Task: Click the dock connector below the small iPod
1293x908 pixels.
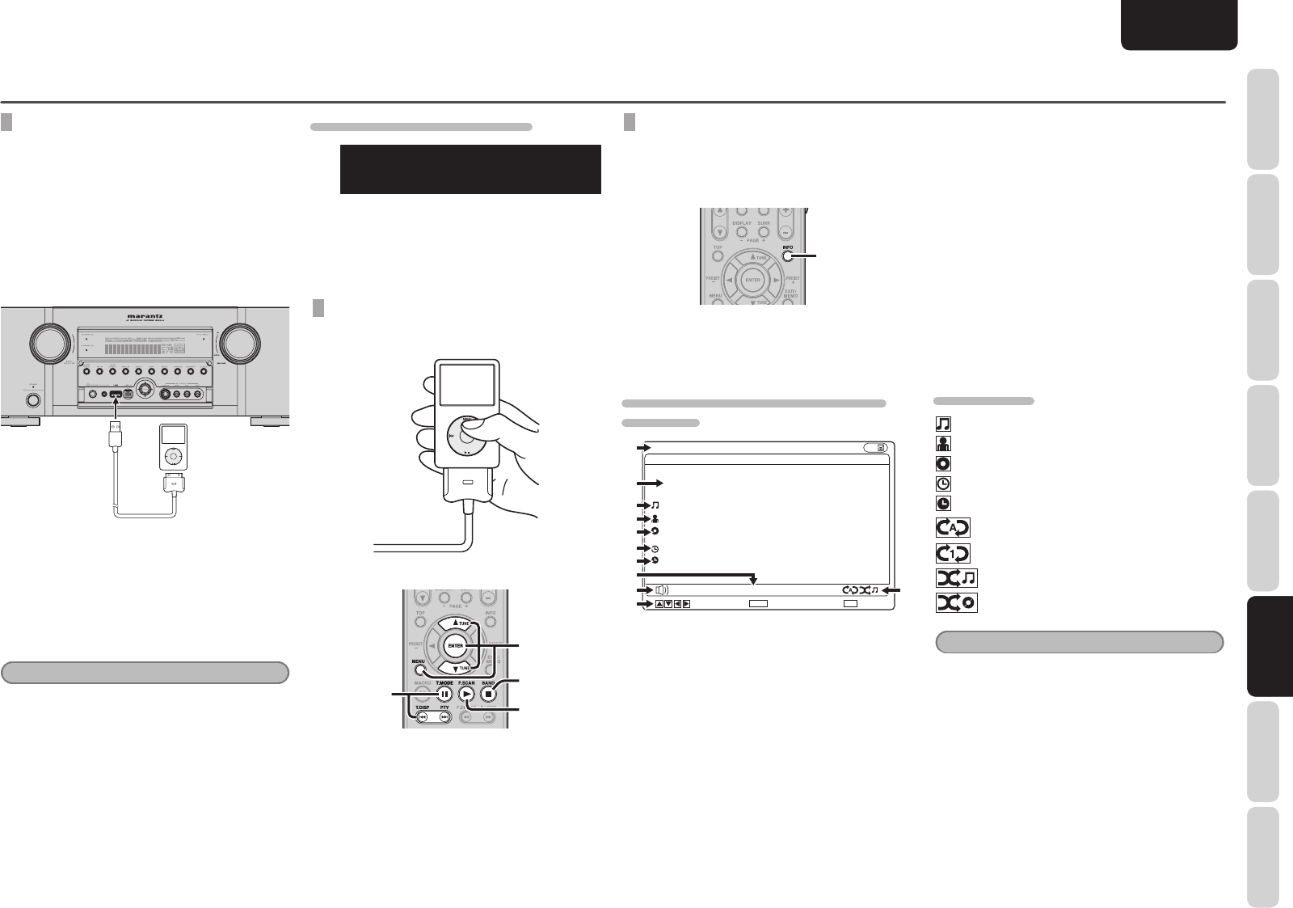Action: (175, 488)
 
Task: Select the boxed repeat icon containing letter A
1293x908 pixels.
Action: (952, 528)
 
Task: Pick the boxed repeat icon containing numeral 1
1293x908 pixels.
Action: (952, 553)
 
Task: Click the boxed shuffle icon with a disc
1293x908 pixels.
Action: (955, 603)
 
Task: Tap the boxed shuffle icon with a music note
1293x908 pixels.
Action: (955, 578)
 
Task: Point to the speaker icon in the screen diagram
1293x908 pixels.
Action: (660, 590)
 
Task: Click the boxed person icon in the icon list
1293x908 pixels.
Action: (942, 443)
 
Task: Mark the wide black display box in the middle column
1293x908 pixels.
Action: (470, 169)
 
